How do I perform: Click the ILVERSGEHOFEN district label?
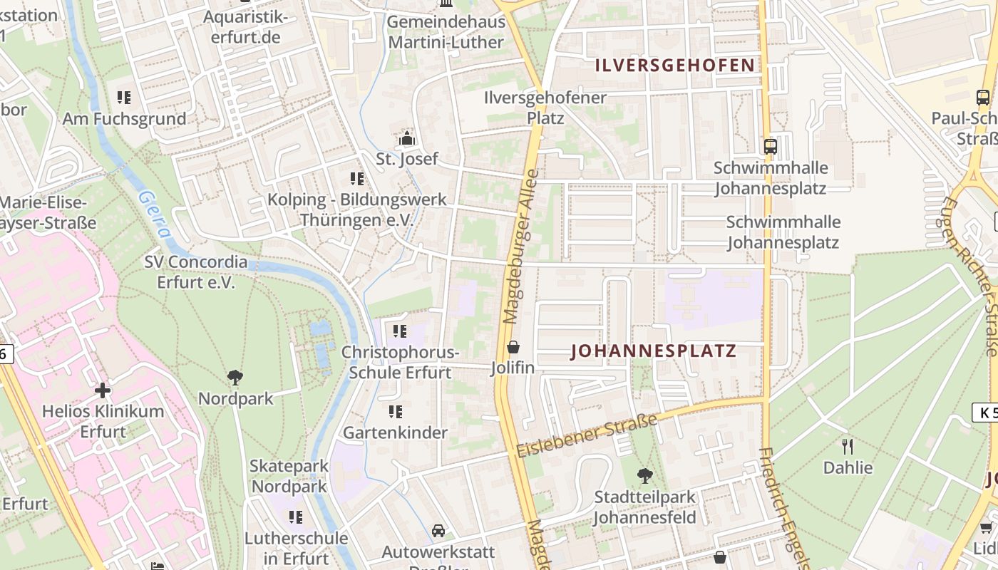(674, 66)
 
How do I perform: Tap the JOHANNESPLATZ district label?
(654, 351)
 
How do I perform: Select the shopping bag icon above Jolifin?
(513, 348)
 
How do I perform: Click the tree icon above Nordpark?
(235, 378)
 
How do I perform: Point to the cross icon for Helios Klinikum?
(103, 390)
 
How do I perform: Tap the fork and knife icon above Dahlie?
(848, 447)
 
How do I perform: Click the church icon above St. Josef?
(407, 138)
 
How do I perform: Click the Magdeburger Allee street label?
(521, 246)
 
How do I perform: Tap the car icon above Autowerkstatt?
(438, 531)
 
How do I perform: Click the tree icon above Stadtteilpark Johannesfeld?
(644, 475)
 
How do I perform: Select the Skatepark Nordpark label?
(289, 476)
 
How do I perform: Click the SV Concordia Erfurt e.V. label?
(196, 271)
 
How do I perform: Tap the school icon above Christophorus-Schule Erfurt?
(399, 331)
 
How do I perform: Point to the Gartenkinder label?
(396, 432)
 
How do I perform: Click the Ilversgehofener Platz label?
(545, 107)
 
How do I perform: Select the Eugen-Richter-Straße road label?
(972, 274)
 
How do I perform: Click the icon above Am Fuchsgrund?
(124, 97)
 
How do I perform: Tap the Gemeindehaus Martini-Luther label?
(446, 31)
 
